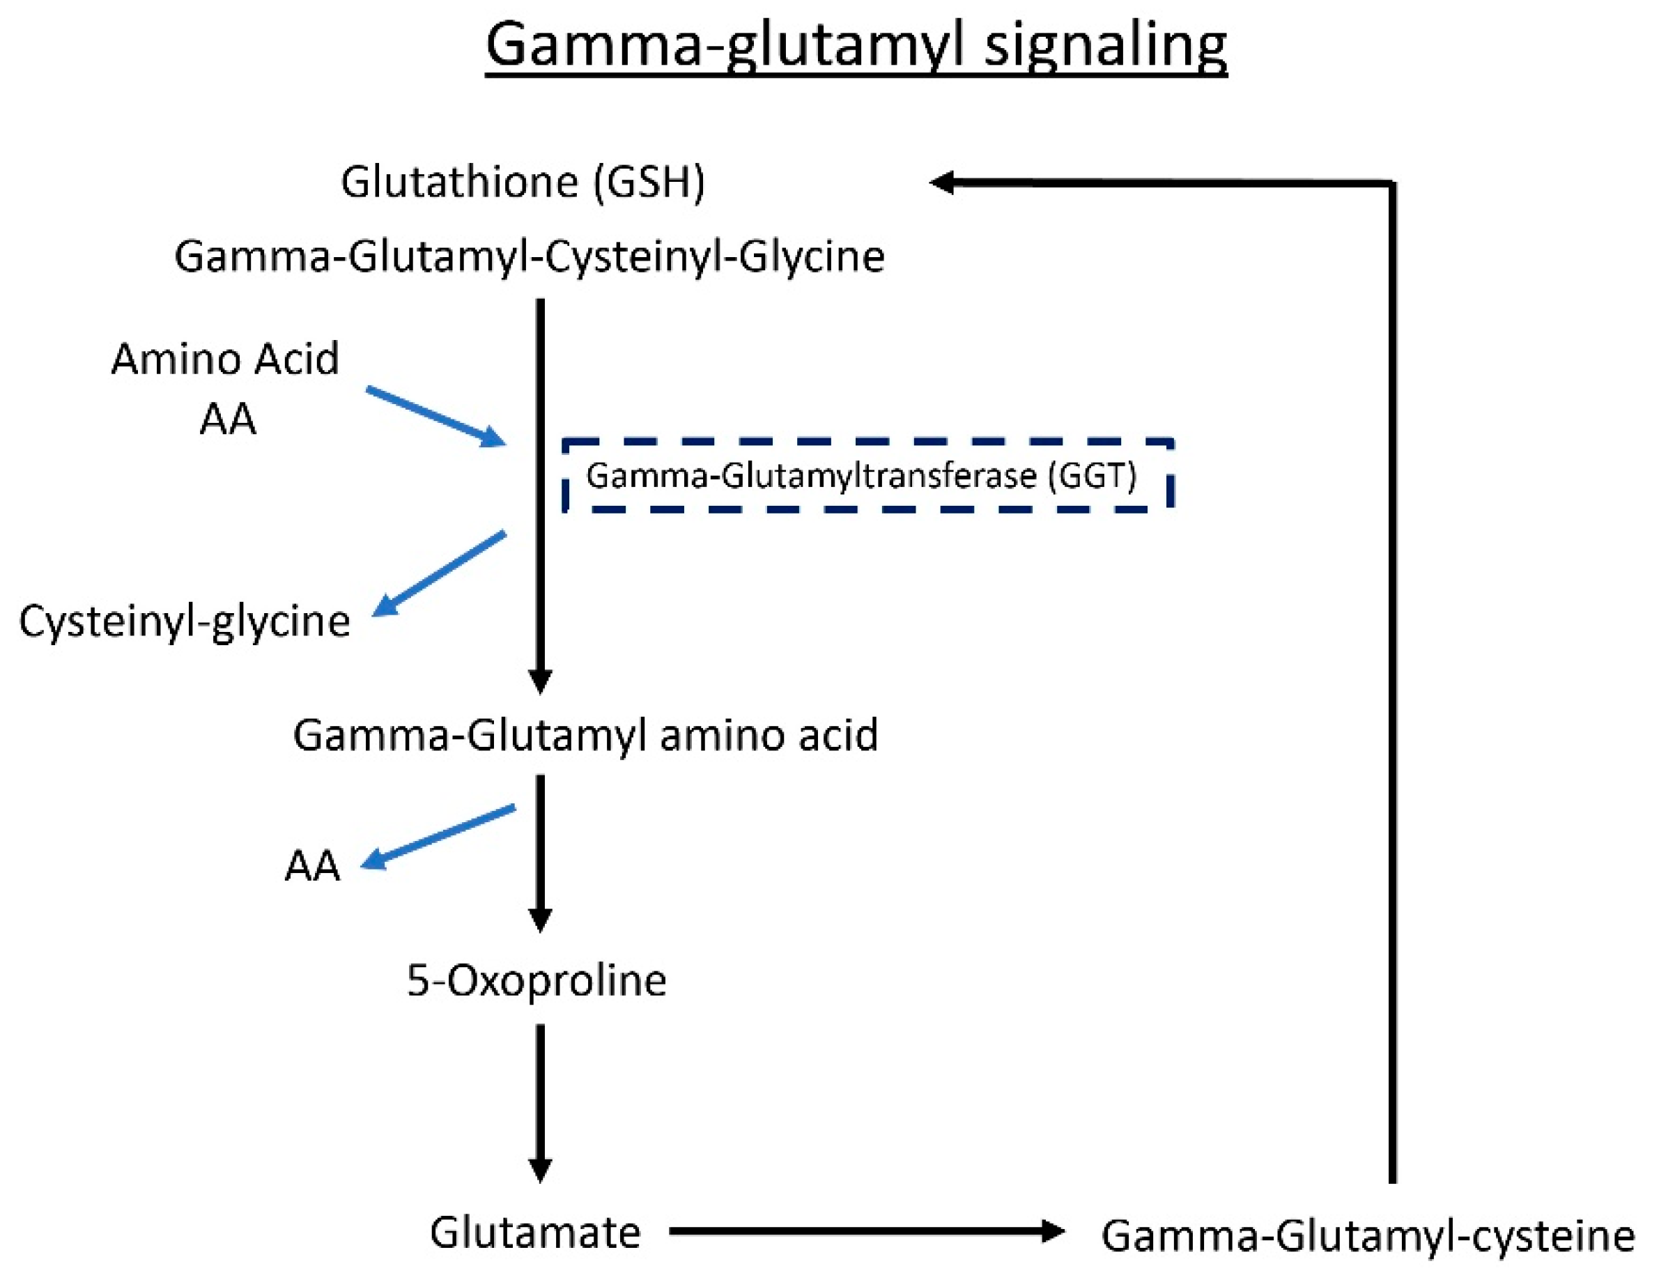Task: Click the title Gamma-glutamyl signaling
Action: coord(856,45)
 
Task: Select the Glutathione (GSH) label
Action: coord(523,183)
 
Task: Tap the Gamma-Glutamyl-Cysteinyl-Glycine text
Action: coord(530,256)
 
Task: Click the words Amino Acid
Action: coord(225,359)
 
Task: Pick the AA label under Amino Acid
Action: coord(228,419)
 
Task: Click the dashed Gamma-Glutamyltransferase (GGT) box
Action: coord(867,475)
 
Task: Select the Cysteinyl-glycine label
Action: coord(185,621)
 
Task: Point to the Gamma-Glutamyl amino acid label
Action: coord(585,735)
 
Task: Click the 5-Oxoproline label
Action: coord(537,980)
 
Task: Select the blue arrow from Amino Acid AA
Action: coord(436,416)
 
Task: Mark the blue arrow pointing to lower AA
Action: coord(438,835)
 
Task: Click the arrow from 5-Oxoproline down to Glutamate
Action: coord(540,1102)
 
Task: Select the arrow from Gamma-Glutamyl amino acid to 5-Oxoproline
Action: coord(540,851)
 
